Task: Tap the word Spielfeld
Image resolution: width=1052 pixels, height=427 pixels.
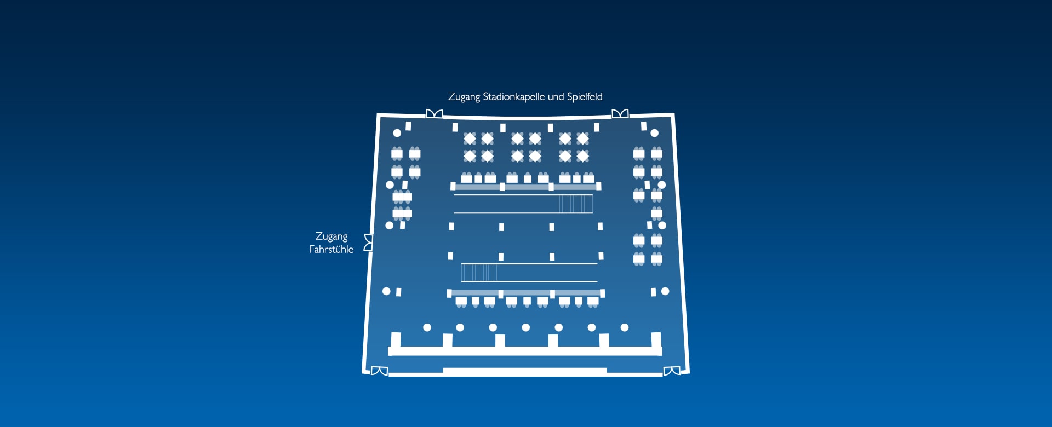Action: click(585, 97)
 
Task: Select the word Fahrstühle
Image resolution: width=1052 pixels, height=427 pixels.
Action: click(331, 250)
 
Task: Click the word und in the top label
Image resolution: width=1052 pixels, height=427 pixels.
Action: click(556, 97)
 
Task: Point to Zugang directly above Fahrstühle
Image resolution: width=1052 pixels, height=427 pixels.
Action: click(331, 236)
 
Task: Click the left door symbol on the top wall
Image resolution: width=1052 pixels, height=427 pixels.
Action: click(434, 114)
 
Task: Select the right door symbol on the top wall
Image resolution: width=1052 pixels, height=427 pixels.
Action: click(620, 114)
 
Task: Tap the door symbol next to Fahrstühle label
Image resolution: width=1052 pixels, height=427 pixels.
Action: click(369, 243)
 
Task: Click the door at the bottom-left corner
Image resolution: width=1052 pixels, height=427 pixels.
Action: click(379, 371)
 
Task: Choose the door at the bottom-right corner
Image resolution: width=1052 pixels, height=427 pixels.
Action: click(672, 371)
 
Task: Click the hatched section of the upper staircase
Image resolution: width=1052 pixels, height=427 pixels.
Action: click(575, 204)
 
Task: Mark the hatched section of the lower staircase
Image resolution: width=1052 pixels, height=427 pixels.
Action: click(479, 273)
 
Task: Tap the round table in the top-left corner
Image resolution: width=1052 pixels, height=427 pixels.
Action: click(397, 133)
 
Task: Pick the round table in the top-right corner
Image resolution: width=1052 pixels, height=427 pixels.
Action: click(654, 133)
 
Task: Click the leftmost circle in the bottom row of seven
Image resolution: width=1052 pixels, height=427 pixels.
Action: click(427, 327)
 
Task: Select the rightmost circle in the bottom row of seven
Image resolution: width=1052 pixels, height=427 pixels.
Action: click(625, 327)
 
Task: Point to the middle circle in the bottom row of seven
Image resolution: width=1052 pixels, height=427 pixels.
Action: click(526, 327)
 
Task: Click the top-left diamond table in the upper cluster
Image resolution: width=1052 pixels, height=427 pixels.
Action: click(470, 139)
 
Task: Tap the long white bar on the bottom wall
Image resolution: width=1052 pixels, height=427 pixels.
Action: click(525, 371)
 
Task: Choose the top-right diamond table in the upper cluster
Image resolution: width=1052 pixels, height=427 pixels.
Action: click(582, 139)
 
